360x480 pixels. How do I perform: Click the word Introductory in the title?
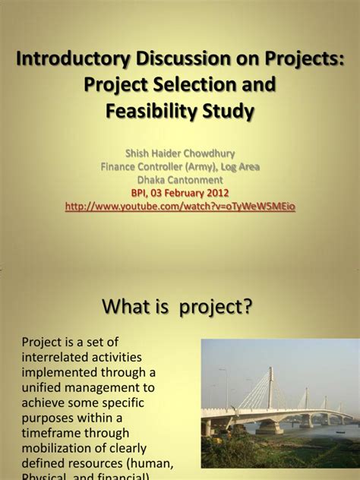[x=69, y=59]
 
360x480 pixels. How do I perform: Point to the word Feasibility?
[x=151, y=112]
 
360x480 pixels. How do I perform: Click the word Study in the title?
[x=229, y=112]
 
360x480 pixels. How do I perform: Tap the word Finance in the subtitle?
[x=122, y=166]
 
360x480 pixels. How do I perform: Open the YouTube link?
[x=180, y=207]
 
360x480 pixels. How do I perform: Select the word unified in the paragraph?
[x=43, y=387]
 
